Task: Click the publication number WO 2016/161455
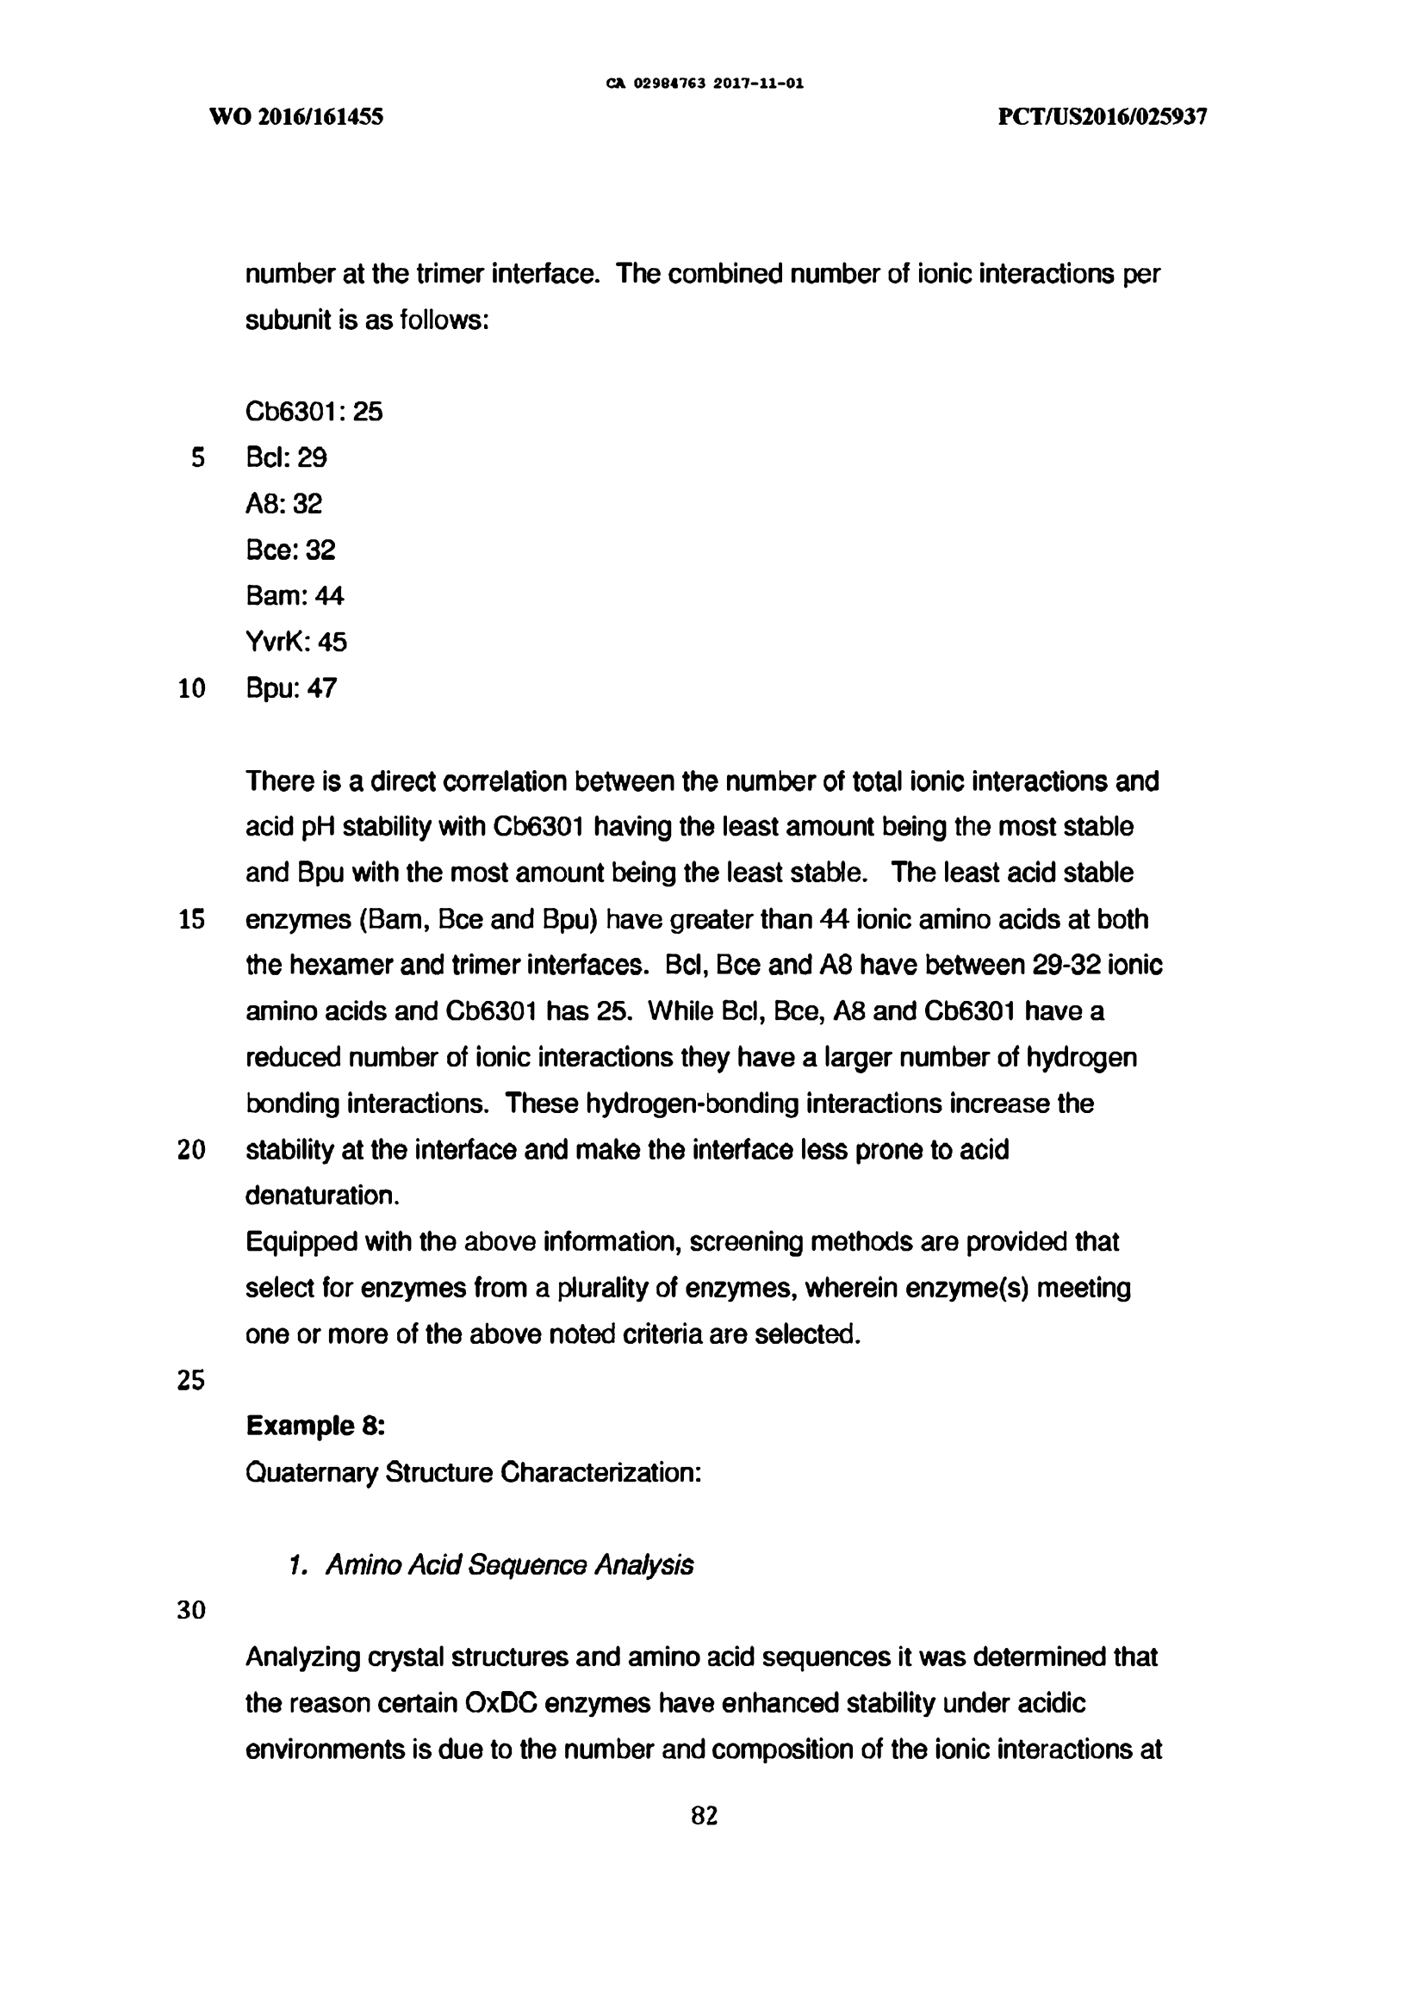(x=296, y=116)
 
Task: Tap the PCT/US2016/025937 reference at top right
(x=1102, y=116)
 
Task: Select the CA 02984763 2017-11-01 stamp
(x=705, y=84)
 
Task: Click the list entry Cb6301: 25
(x=314, y=412)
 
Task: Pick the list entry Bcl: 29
(x=286, y=457)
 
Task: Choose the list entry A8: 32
(x=283, y=503)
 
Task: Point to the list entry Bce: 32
(x=290, y=550)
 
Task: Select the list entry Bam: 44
(x=295, y=595)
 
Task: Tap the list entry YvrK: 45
(x=296, y=642)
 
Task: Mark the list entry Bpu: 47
(x=291, y=687)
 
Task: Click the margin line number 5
(x=197, y=458)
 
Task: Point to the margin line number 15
(x=191, y=919)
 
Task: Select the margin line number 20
(x=191, y=1150)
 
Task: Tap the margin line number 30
(x=191, y=1611)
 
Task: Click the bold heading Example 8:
(x=315, y=1427)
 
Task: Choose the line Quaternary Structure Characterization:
(x=473, y=1472)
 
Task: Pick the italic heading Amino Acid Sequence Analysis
(x=509, y=1565)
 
